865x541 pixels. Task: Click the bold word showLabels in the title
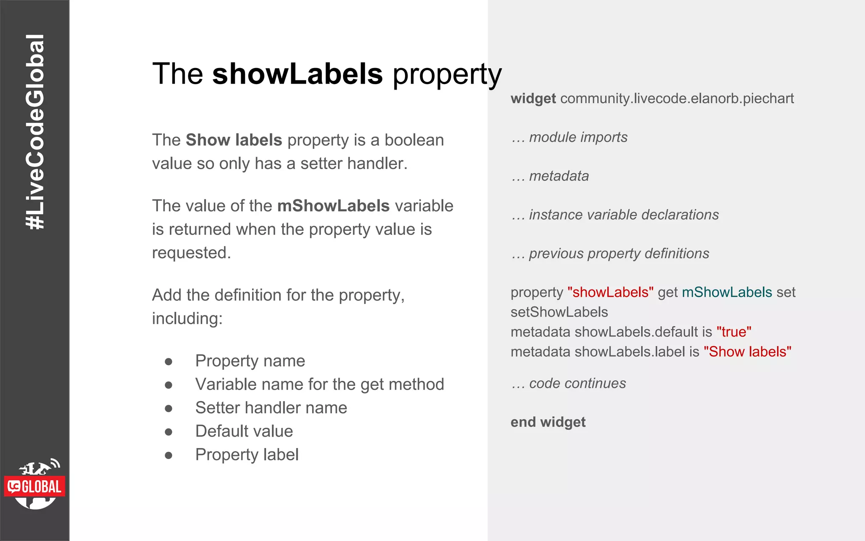coord(297,74)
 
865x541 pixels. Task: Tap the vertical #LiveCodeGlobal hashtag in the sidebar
coord(35,132)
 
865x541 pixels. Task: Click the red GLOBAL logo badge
coord(35,486)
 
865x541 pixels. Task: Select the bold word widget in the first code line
coord(533,98)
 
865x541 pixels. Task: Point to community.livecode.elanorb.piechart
coord(677,98)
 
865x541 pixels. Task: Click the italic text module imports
coord(578,137)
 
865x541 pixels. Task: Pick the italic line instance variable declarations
coord(623,215)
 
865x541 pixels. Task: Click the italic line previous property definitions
coord(619,254)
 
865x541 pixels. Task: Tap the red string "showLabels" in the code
coord(610,292)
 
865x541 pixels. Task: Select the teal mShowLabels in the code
coord(727,292)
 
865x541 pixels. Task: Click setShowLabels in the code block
coord(559,312)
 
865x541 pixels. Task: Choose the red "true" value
coord(734,332)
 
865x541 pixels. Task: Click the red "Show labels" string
coord(747,352)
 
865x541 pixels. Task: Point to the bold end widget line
coord(548,422)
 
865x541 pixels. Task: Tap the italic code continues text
coord(577,383)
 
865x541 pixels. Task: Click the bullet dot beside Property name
coord(169,361)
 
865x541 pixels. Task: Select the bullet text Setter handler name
coord(271,408)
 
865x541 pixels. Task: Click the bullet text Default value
coord(244,431)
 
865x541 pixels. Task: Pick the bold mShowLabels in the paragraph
coord(333,206)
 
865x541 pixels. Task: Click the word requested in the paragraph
coord(191,253)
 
